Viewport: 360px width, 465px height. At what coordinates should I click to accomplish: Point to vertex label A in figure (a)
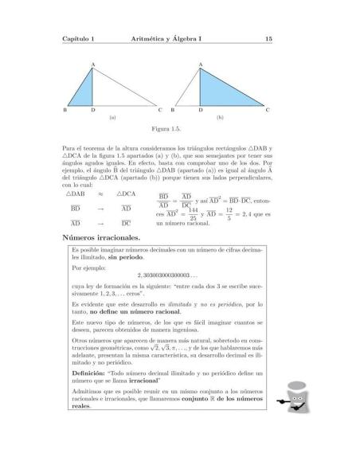93,62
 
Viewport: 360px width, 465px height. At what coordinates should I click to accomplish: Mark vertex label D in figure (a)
93,109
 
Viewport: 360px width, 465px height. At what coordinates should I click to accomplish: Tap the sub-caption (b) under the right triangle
219,116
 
